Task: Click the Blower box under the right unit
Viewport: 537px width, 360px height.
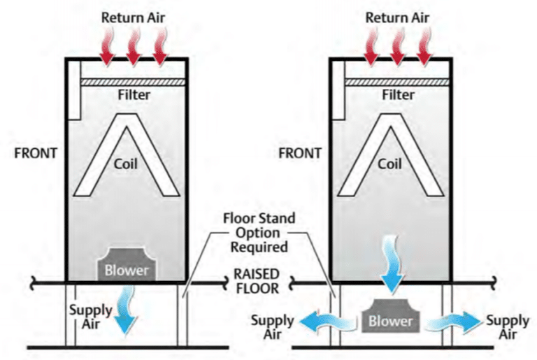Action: [x=391, y=321]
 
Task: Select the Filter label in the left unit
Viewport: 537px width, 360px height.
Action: [x=134, y=96]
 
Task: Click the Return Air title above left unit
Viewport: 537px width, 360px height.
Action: [x=133, y=15]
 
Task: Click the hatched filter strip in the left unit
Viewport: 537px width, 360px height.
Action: [x=134, y=82]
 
